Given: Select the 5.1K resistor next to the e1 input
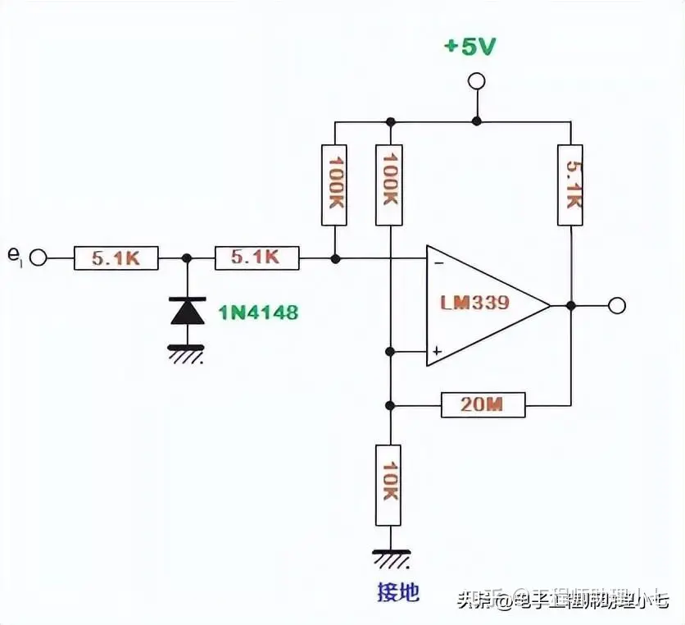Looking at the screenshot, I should coord(116,258).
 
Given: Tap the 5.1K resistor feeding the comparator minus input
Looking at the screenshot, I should coord(256,258).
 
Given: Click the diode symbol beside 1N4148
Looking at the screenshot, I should coord(187,311).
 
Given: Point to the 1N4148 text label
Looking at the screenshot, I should coord(258,312).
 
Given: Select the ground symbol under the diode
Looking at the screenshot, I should coord(187,353).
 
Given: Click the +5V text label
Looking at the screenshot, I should coord(470,47).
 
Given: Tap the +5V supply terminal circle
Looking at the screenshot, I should coord(475,81).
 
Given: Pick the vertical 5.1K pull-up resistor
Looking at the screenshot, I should coord(570,185).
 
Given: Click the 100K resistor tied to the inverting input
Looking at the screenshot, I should coord(335,185).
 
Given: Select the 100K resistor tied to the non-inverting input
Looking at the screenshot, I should coord(390,185).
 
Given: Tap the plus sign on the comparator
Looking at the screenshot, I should coord(438,351).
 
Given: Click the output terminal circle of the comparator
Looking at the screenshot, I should coord(617,306).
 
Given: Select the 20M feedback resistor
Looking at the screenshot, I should coord(483,405).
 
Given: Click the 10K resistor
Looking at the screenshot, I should coord(390,485).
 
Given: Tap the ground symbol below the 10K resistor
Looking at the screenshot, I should coord(390,559).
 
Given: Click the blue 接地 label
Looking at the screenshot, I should coord(397,593).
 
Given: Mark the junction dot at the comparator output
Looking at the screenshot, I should coord(570,306).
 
